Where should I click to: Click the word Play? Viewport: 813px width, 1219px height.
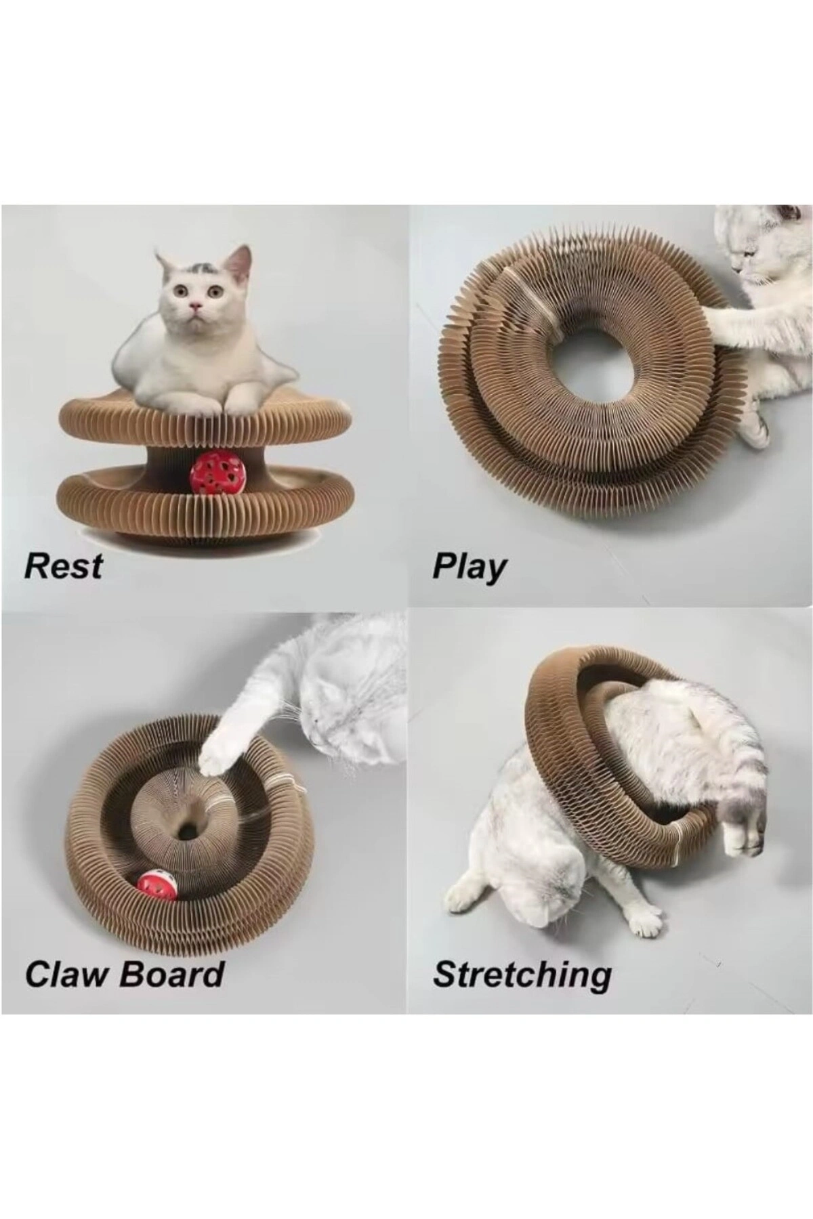469,568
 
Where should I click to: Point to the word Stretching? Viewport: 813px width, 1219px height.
522,975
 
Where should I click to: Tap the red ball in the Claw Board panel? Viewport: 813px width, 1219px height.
157,885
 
